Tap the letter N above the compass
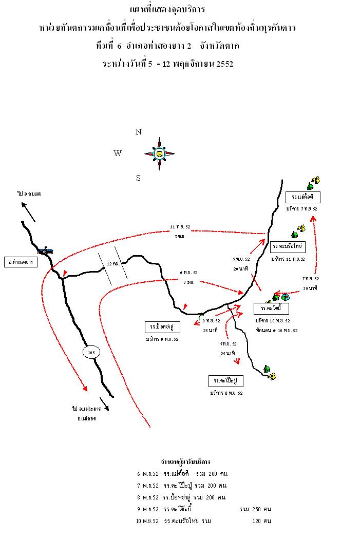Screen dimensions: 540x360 pos(138,132)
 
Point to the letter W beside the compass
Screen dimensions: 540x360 pos(118,153)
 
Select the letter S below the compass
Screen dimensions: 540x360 pos(138,178)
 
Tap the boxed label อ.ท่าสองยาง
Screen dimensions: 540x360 pos(21,261)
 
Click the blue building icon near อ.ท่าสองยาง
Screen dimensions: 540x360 pos(46,250)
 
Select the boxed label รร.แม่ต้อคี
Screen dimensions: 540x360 pos(303,197)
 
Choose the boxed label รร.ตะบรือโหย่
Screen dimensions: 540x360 pos(288,247)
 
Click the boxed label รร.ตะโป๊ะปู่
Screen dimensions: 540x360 pos(226,381)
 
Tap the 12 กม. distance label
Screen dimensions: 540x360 pos(112,263)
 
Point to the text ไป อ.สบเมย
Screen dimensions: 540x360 pos(29,194)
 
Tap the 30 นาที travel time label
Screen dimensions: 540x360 pos(310,288)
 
